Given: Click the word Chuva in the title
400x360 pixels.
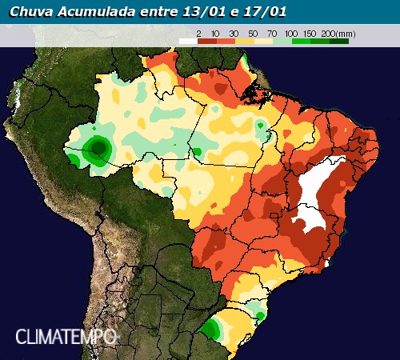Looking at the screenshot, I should pos(30,12).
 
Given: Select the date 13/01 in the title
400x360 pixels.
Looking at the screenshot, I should pos(208,12).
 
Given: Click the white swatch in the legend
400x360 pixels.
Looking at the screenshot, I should pos(187,39).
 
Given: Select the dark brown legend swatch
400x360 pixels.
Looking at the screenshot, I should pos(206,39).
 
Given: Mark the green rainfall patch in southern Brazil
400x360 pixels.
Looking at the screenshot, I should pos(212,328).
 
